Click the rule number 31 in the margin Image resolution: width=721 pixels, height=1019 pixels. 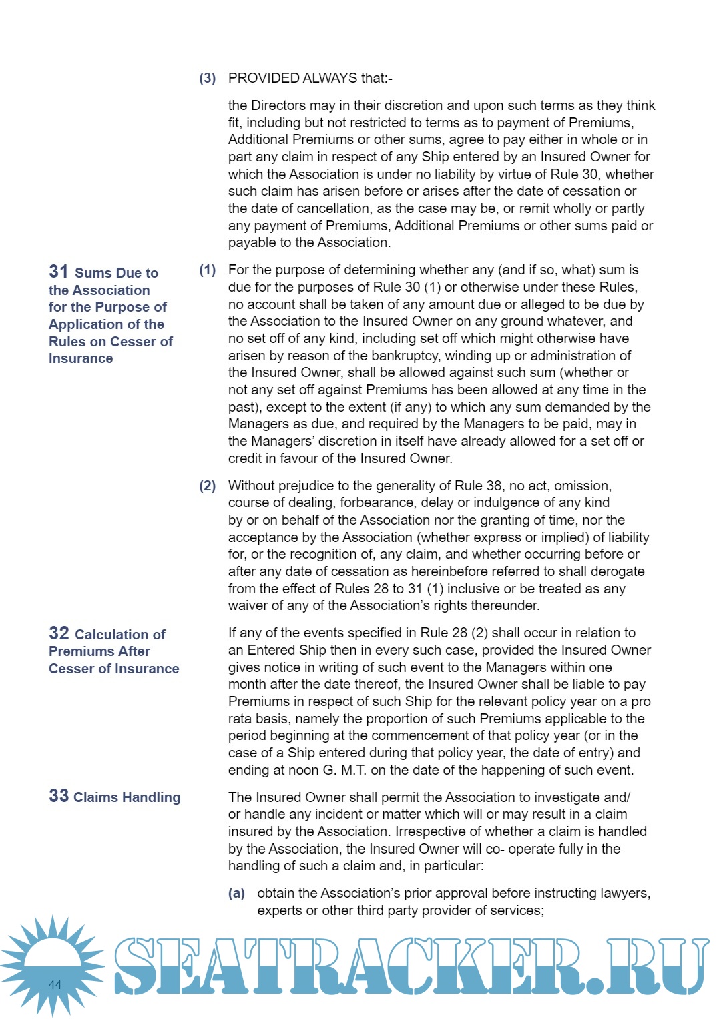coord(59,271)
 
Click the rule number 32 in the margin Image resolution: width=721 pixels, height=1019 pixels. coord(59,633)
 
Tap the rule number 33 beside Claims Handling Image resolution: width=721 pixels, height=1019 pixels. coord(59,795)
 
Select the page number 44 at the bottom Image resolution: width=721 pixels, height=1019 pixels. coord(55,984)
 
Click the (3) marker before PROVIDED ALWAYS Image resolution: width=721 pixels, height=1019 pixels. coord(208,78)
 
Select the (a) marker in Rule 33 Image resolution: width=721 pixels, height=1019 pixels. coord(236,893)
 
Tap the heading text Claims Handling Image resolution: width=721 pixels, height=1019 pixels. coord(127,797)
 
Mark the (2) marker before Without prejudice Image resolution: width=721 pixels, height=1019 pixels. coord(208,486)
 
